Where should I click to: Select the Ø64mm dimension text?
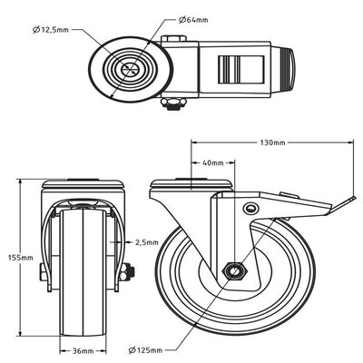(x=196, y=19)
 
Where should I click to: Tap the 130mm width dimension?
(x=273, y=142)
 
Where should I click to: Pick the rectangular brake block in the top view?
(x=234, y=69)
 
